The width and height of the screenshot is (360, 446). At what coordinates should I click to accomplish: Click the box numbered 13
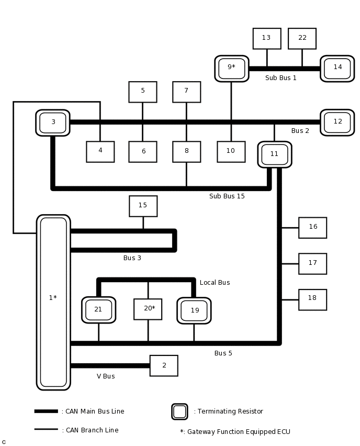pos(267,38)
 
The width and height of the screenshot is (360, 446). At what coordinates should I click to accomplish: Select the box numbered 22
pos(302,38)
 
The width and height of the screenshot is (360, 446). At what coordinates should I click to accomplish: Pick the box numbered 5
pos(142,92)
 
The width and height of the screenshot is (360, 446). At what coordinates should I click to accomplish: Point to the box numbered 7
pos(186,92)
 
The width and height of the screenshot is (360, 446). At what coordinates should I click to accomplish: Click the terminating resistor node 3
pos(53,122)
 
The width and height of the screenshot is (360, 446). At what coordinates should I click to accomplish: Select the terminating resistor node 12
pos(337,122)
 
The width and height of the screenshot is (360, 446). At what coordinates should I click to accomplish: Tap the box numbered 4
pos(100,151)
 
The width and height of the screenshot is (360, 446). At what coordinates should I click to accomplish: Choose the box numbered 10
pos(231,151)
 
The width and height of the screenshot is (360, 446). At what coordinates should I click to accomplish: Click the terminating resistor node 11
pos(274,154)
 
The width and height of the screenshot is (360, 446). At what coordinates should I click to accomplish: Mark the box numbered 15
pos(143,206)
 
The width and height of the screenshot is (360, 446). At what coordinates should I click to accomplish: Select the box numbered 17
pos(312,263)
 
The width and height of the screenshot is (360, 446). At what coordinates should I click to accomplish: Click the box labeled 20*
pos(148,309)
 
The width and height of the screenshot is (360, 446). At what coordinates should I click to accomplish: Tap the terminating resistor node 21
pos(98,310)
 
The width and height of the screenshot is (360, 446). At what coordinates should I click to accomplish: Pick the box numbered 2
pos(164,365)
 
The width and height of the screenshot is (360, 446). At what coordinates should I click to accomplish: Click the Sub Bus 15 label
pos(227,196)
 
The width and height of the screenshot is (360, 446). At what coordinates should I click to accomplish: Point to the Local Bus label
pos(215,283)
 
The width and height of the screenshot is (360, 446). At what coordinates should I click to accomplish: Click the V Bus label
pos(106,376)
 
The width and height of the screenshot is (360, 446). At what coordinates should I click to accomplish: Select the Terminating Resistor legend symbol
pos(179,411)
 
